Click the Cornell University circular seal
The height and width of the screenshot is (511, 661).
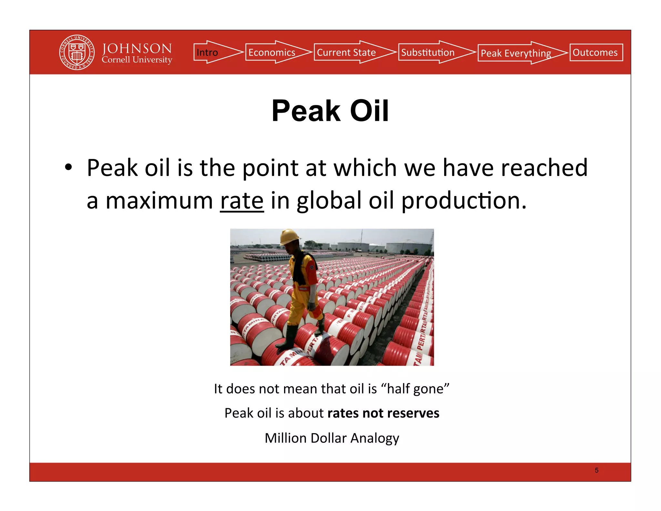pyautogui.click(x=77, y=52)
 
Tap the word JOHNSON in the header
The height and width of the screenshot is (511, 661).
pyautogui.click(x=137, y=48)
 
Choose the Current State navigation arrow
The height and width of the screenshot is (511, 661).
pyautogui.click(x=353, y=52)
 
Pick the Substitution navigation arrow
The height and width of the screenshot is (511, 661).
pyautogui.click(x=434, y=52)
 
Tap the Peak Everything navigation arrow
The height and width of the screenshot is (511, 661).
pyautogui.click(x=520, y=53)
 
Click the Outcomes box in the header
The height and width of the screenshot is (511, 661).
pyautogui.click(x=596, y=52)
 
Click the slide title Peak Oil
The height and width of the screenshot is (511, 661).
pyautogui.click(x=330, y=111)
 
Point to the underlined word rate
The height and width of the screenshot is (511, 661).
pyautogui.click(x=242, y=201)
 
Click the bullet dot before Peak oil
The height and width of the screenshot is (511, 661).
pyautogui.click(x=68, y=168)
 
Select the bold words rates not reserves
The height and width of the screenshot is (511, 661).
pyautogui.click(x=383, y=413)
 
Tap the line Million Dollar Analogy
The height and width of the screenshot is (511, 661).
pyautogui.click(x=332, y=438)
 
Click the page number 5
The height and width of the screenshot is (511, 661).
pyautogui.click(x=596, y=470)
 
